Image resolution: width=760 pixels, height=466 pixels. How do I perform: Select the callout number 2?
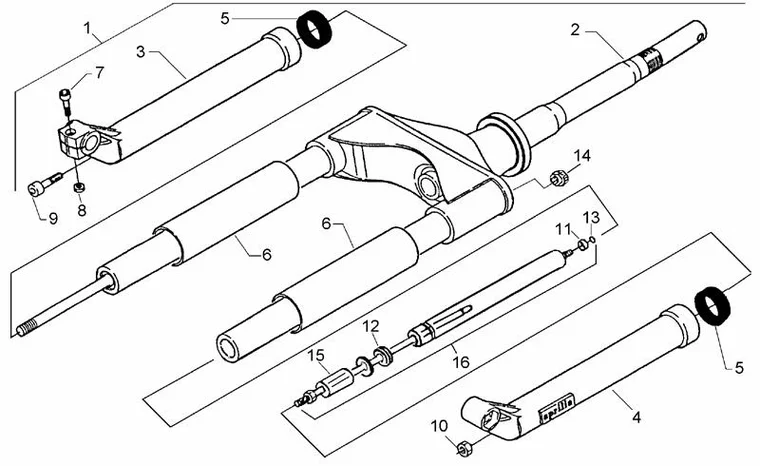(575, 29)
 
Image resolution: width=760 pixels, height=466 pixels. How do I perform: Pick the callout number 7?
(99, 72)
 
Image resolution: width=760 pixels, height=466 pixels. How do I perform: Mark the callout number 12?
(371, 326)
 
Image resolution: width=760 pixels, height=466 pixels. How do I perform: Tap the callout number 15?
(316, 355)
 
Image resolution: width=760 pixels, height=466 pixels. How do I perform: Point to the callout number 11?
(563, 230)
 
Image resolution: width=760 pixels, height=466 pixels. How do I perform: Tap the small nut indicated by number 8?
(78, 187)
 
